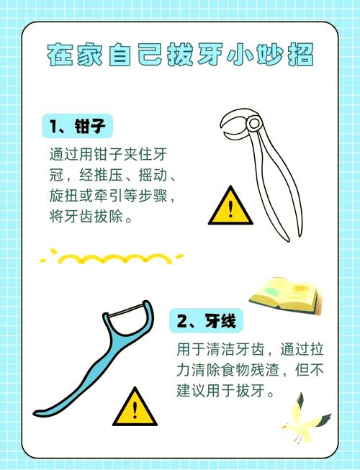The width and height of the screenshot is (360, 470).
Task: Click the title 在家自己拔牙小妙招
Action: point(181,55)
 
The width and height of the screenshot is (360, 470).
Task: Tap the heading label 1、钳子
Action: point(77,127)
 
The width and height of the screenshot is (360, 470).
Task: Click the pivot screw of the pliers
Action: point(253,124)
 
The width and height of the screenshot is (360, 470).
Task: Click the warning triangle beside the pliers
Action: point(230,208)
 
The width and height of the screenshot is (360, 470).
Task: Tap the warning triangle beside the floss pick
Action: point(135,407)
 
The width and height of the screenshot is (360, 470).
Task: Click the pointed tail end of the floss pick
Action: point(37,412)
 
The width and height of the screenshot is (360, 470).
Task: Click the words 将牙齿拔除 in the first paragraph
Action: point(82,216)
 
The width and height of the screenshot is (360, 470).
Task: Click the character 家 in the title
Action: point(92,55)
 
